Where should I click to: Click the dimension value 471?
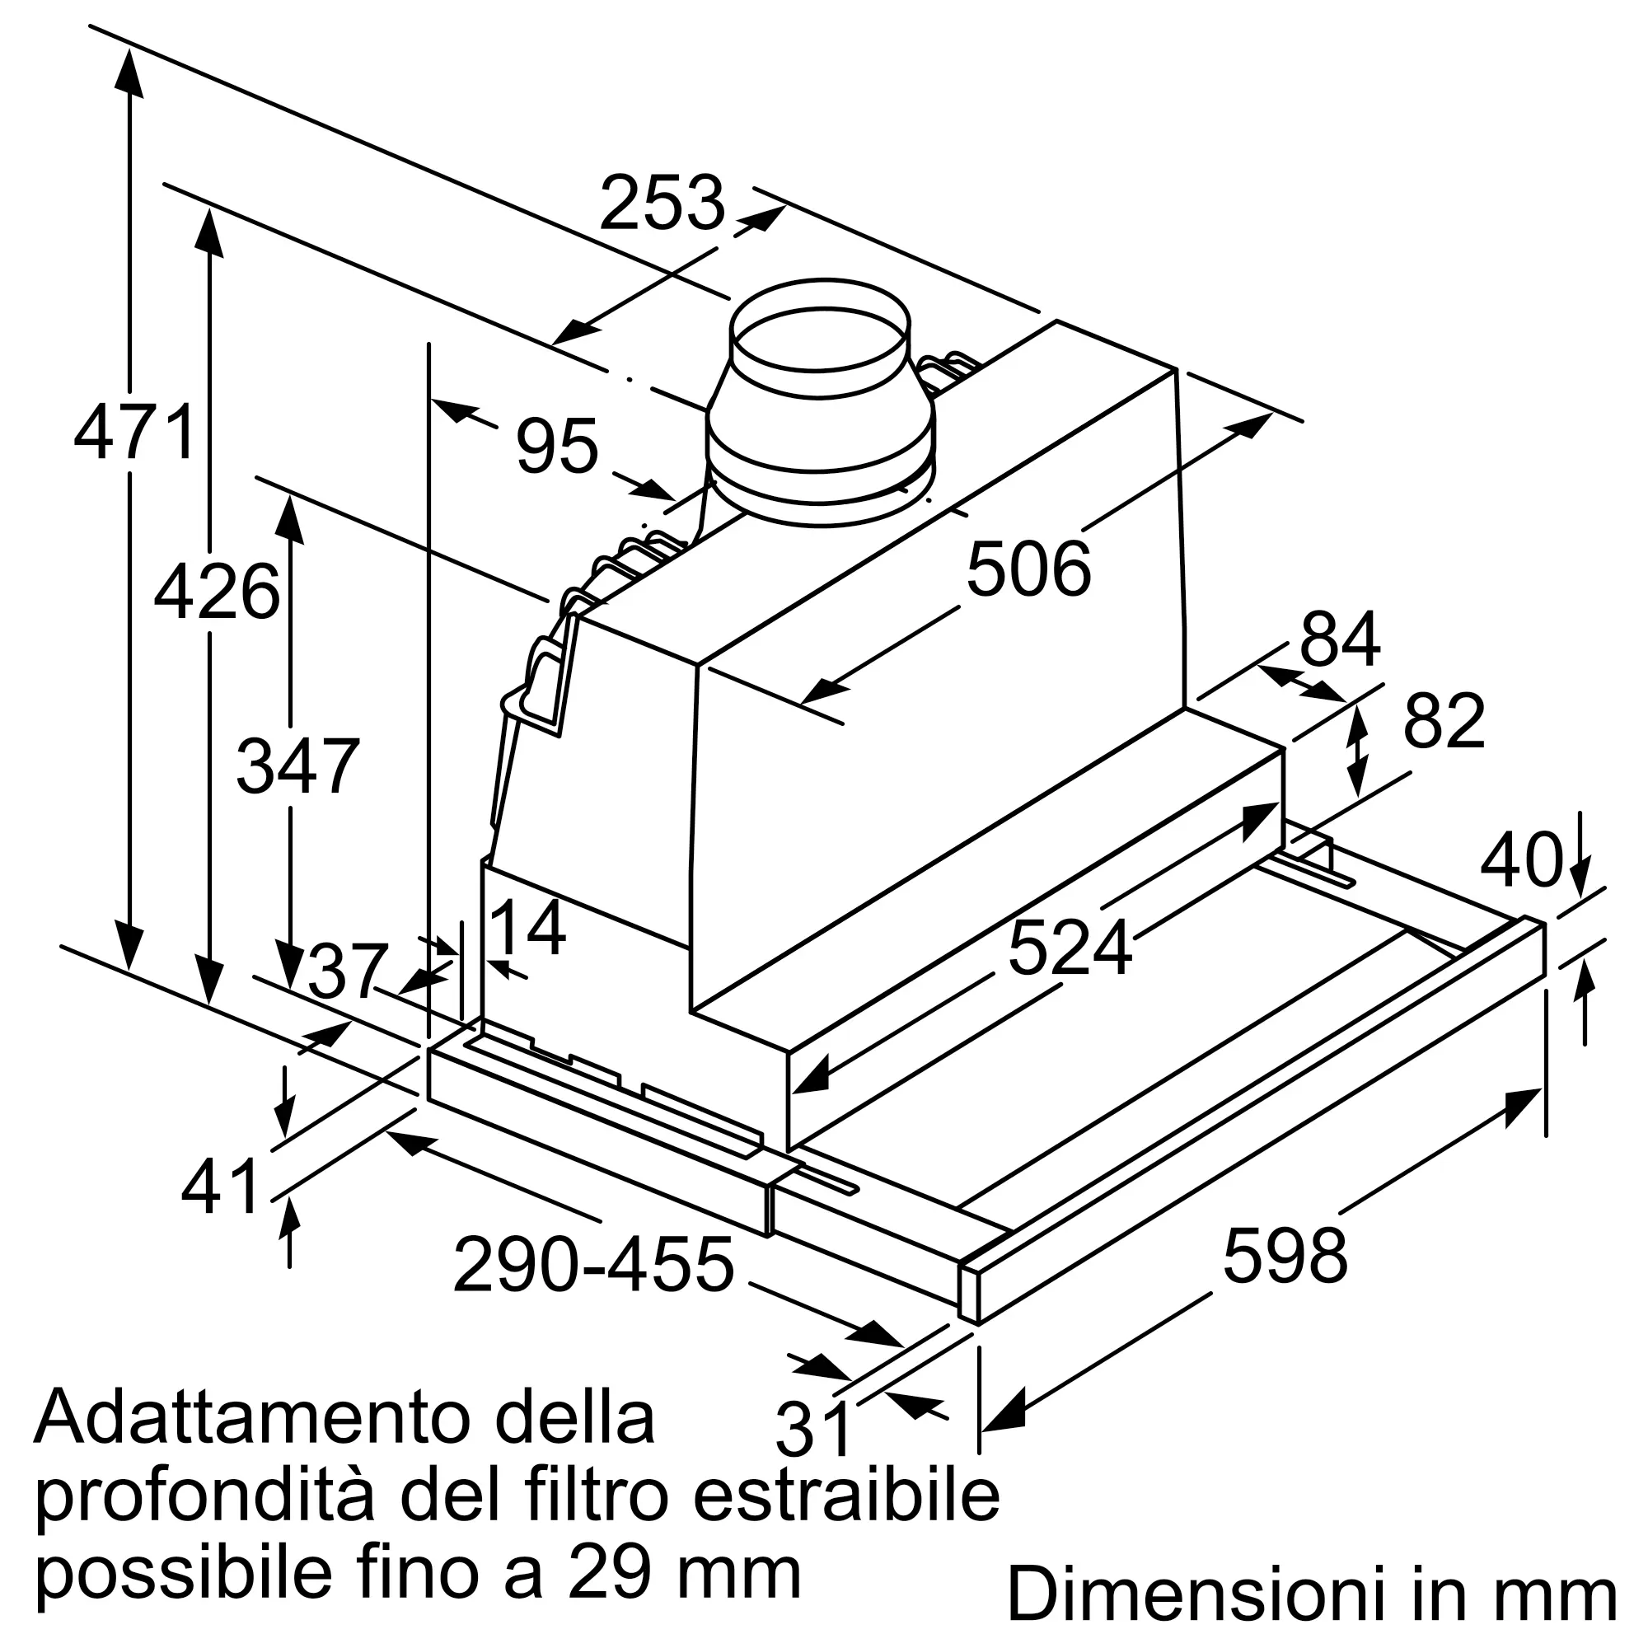[136, 433]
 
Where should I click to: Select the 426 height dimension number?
[217, 591]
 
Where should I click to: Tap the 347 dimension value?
[297, 766]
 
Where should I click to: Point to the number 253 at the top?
[662, 202]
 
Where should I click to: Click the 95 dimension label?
[557, 445]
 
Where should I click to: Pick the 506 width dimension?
[1028, 568]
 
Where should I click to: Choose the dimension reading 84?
[1339, 638]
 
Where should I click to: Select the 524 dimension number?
[1070, 948]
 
